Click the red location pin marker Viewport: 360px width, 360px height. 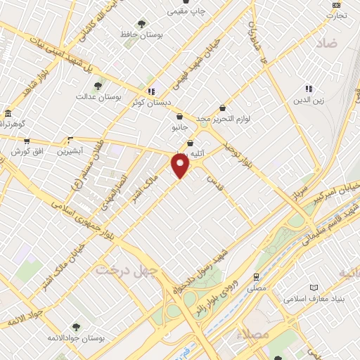181,166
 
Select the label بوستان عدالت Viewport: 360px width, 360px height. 99,96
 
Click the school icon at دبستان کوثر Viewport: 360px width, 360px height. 150,91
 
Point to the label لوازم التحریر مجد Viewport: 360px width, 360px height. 224,120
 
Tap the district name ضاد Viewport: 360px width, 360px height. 326,43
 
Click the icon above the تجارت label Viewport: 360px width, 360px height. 335,5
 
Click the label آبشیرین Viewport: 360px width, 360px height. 70,151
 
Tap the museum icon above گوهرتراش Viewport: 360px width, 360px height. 7,113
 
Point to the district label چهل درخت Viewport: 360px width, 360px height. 124,269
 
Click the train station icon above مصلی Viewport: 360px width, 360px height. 257,277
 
